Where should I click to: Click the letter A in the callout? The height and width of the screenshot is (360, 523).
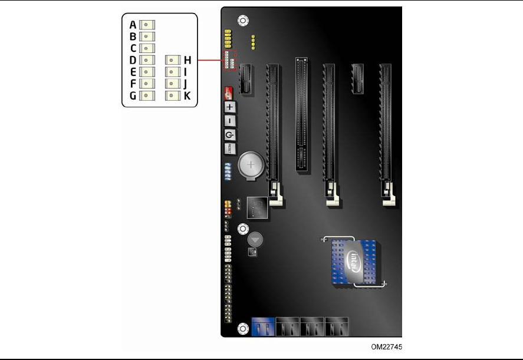point(133,25)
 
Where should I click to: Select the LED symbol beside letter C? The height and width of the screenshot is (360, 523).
point(147,48)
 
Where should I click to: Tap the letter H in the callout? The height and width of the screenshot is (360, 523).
point(188,60)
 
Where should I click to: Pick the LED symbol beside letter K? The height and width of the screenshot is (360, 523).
point(172,95)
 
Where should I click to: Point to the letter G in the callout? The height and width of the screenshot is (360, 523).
point(133,95)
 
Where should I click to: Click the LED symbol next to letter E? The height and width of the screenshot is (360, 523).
point(147,71)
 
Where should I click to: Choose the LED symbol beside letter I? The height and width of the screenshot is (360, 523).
point(172,71)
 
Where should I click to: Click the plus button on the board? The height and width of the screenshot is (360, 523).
point(230,107)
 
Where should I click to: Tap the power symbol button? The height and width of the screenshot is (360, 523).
point(230,135)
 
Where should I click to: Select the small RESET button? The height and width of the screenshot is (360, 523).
point(230,148)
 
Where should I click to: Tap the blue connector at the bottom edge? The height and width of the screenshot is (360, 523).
point(262,327)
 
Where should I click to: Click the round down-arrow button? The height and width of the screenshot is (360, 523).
point(254,239)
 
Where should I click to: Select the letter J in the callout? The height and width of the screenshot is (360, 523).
point(188,83)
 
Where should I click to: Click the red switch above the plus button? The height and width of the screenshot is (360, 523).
point(229,93)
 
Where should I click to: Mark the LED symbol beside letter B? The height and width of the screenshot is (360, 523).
point(147,37)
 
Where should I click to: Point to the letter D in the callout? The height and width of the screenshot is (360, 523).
point(133,60)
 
